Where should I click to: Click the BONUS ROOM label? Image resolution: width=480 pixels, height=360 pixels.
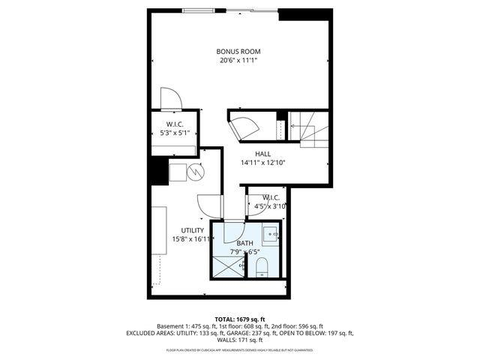point(238,51)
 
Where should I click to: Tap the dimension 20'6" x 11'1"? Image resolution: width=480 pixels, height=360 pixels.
point(238,61)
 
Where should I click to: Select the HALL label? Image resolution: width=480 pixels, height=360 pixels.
point(262,153)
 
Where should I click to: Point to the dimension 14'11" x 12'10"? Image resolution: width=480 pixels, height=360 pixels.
point(262,162)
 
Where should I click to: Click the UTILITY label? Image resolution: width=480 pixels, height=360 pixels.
point(192,230)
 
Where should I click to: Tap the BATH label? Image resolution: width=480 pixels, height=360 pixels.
point(245,244)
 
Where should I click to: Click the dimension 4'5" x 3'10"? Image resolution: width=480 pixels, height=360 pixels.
point(270,205)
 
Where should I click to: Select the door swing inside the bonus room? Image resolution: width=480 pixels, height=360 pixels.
point(169,98)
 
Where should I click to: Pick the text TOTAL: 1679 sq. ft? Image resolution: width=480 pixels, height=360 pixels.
point(240,319)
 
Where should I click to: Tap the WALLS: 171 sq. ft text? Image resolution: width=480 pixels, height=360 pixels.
point(240,340)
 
